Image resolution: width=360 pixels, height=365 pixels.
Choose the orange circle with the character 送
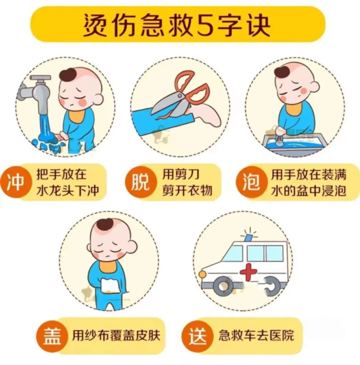[197, 336]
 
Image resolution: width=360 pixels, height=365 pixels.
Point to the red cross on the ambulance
[248, 272]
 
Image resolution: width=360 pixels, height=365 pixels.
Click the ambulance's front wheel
[223, 286]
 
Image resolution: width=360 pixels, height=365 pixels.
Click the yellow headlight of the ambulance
[202, 274]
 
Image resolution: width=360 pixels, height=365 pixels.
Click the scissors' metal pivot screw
[179, 96]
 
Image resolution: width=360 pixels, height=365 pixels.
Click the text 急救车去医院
[256, 335]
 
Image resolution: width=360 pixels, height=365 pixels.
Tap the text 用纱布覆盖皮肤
[116, 335]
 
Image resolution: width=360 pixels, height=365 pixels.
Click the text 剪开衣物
[187, 190]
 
